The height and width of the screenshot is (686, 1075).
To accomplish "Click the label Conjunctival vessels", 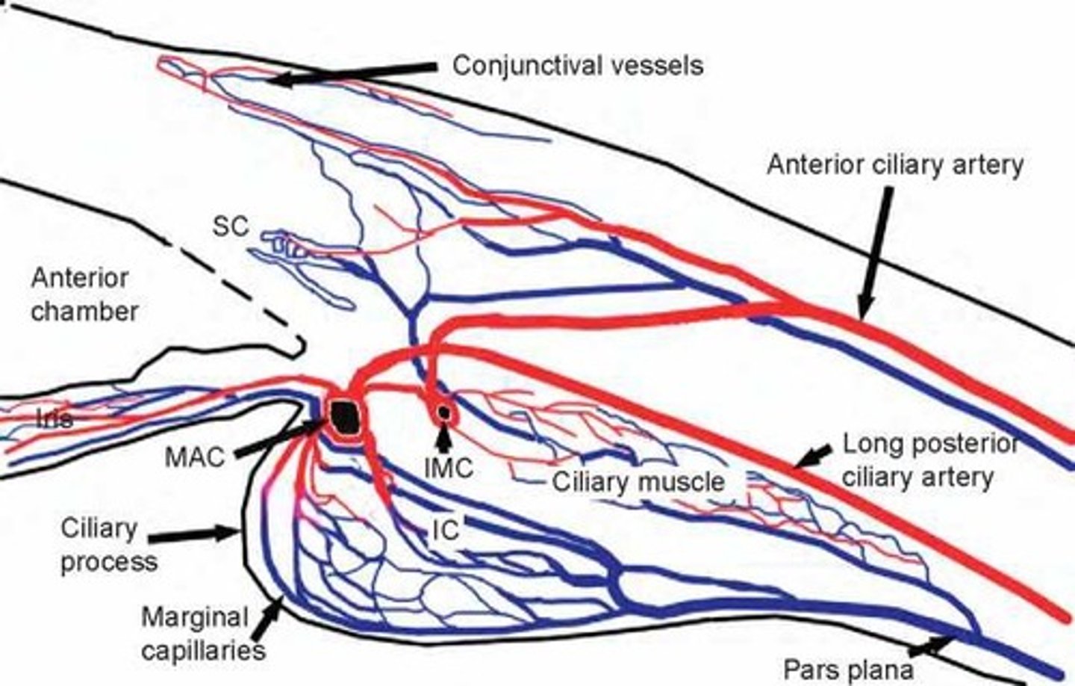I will click(x=578, y=66).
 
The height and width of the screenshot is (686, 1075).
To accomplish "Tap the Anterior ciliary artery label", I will click(x=895, y=164).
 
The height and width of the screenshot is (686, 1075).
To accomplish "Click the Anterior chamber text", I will click(x=84, y=294).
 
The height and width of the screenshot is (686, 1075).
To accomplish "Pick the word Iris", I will click(x=54, y=418).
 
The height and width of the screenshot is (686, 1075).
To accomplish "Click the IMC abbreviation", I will click(x=449, y=469).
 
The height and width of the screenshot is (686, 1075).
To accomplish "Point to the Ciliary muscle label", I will click(x=638, y=482).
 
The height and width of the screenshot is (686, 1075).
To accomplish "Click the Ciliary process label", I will click(x=107, y=545).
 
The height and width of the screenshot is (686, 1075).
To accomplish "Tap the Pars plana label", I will click(x=848, y=670).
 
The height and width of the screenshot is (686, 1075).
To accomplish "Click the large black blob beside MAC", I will click(x=346, y=415).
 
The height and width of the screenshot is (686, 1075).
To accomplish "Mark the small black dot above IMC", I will click(x=445, y=411).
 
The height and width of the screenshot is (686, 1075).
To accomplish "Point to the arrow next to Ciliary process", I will click(x=195, y=534).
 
